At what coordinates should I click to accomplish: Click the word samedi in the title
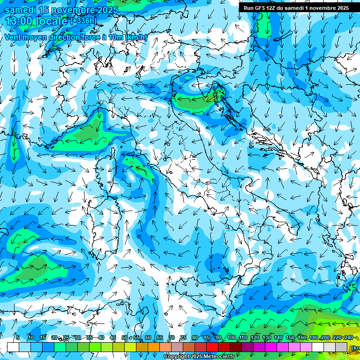21,10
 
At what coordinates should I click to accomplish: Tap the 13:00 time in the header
19,22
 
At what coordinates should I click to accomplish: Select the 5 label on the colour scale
18,338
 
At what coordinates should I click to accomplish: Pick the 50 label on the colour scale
124,338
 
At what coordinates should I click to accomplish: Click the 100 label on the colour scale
232,338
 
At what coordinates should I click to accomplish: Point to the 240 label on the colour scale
348,338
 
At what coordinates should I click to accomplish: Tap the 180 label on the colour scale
313,338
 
